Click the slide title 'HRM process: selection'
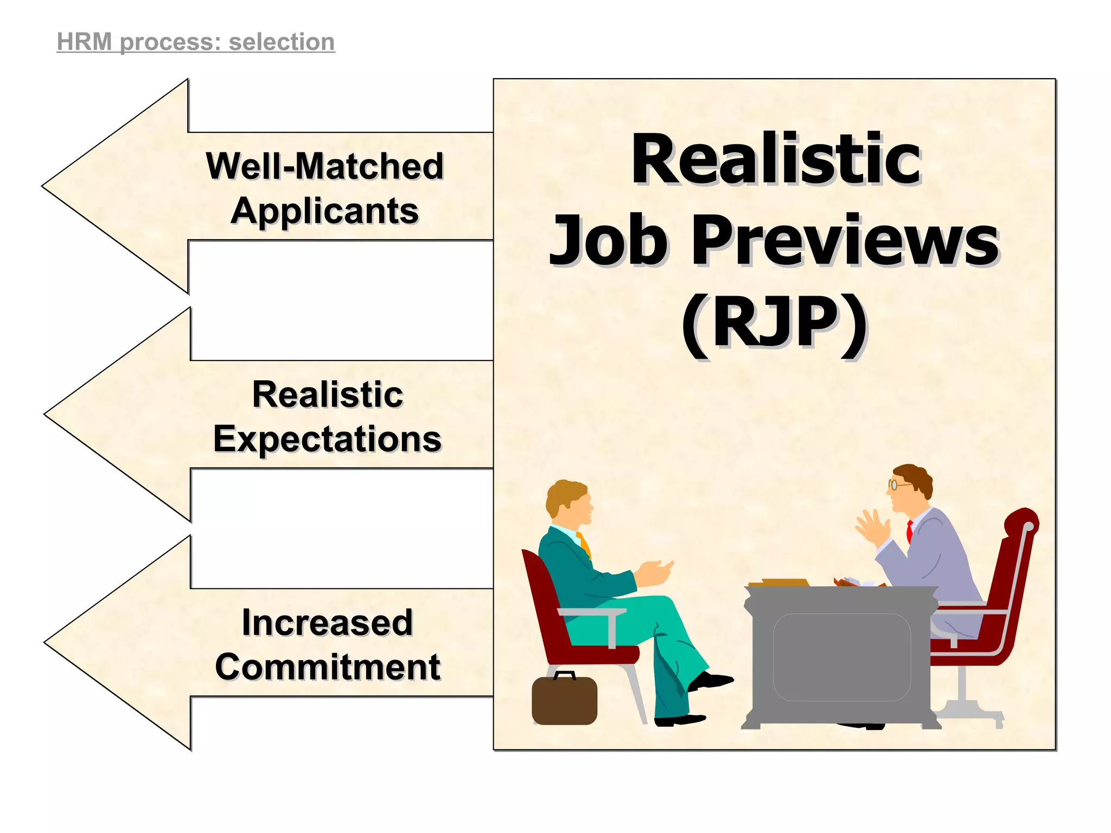pos(196,42)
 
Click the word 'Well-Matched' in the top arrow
pos(324,166)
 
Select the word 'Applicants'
pos(324,211)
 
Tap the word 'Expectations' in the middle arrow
pos(327,439)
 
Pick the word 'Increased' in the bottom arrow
pos(327,623)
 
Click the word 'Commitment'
pos(327,667)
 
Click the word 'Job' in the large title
pos(608,241)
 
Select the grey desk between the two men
pos(841,656)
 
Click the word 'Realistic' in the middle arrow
pos(327,394)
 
